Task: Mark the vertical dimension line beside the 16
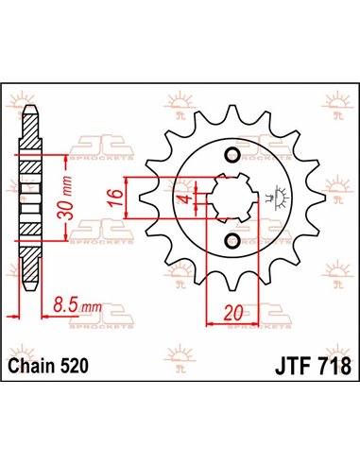pos(127,199)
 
